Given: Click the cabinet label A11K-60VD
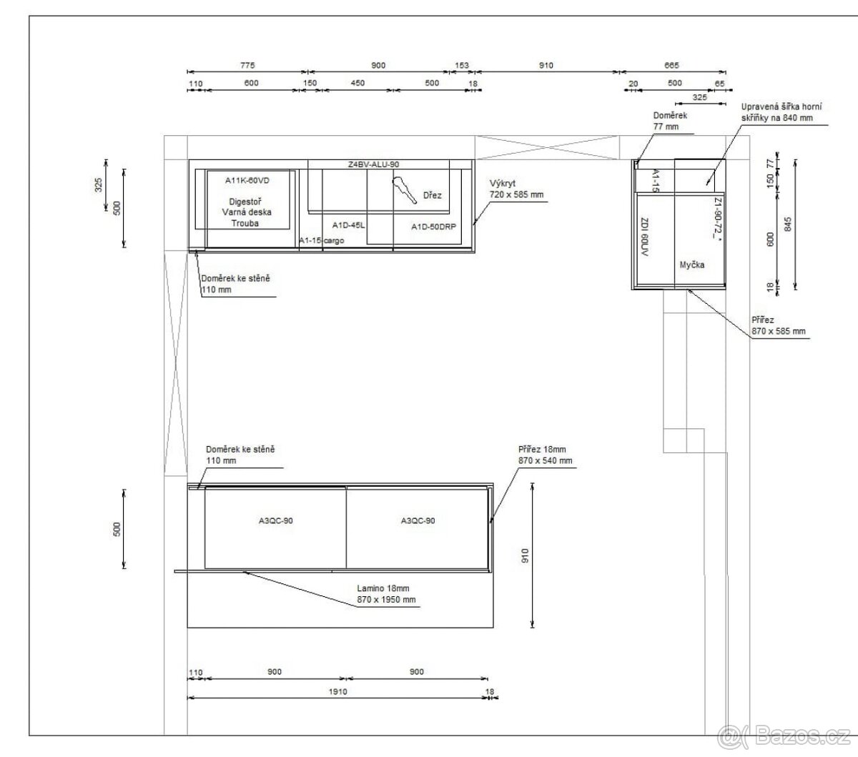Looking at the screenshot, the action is pos(247,180).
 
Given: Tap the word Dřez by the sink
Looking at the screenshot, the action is pos(433,195).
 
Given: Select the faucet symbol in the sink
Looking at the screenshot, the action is pos(404,191).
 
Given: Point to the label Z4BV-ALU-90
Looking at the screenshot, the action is pos(373,164).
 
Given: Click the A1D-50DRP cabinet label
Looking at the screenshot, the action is pos(434,227).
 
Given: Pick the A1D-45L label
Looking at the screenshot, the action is pos(348,225).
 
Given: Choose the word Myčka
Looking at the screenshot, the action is pos(692,264).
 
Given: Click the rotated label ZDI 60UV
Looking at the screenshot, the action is pos(643,237).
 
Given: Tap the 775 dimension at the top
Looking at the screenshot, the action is pos(247,65).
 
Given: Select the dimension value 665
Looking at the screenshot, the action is pos(671,65).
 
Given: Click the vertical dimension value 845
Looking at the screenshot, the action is pos(787,224).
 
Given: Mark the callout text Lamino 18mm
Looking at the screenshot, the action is pos(383,588).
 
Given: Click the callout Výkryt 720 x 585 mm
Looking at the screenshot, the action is pos(516,189).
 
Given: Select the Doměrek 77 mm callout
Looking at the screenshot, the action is pos(670,121).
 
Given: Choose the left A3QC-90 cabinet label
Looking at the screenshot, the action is pos(276,520).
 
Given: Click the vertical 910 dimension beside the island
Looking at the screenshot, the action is pos(525,555).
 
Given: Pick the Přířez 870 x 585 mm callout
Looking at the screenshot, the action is pos(779,325).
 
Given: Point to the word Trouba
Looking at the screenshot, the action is pos(245,223).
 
